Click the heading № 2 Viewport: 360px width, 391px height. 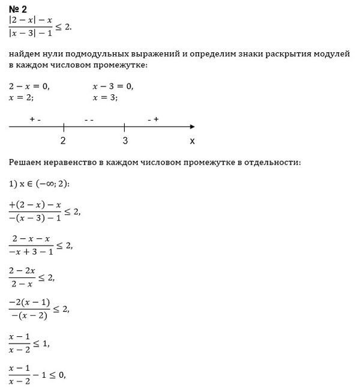(x=18, y=8)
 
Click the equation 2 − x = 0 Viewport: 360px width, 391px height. (x=30, y=86)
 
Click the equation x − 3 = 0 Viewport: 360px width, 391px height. (x=113, y=86)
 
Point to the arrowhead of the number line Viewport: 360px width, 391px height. (x=191, y=127)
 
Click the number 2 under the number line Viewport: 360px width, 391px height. (x=63, y=141)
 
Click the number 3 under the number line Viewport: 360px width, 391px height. (x=124, y=141)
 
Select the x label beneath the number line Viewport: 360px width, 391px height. (x=192, y=141)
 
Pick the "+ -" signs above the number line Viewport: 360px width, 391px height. (x=35, y=120)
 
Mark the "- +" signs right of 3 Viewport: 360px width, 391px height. (x=152, y=120)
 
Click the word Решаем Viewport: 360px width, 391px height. (x=28, y=162)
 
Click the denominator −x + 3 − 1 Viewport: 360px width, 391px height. (x=33, y=252)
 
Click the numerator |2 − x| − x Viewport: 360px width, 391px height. (x=31, y=19)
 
